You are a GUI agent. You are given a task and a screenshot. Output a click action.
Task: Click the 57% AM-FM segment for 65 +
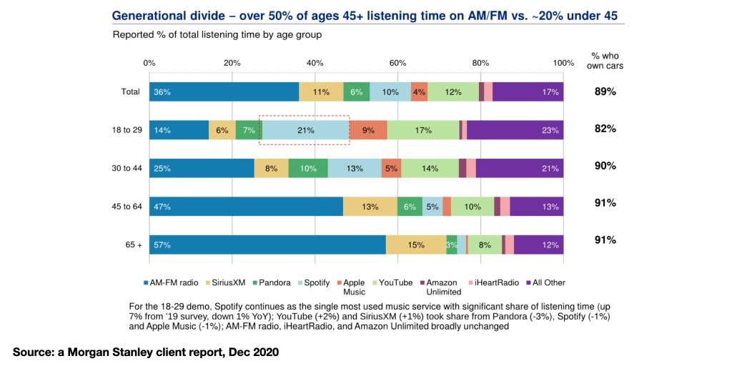point(267,244)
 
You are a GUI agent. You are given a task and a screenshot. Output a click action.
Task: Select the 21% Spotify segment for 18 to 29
point(306,129)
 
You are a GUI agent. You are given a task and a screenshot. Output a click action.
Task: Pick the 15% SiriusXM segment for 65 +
point(416,244)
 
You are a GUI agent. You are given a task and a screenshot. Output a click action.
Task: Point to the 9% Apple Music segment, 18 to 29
point(368,129)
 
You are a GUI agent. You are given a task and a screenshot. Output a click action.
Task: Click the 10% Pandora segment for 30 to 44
point(308,168)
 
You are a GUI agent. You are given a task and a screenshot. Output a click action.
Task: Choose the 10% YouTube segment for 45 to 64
point(472,207)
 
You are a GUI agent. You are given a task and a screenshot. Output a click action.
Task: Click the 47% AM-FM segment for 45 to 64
point(246,207)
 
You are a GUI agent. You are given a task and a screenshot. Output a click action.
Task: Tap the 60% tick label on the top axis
point(397,63)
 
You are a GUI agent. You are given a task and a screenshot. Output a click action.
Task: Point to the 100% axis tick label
point(563,63)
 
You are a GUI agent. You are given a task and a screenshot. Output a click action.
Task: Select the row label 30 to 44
point(127,168)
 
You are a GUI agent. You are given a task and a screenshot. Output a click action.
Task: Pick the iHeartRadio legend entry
point(496,282)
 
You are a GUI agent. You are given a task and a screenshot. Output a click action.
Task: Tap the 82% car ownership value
point(605,129)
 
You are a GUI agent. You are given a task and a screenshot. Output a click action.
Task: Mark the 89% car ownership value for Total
point(605,91)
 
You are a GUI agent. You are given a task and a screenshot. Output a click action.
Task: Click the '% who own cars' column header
point(607,60)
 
